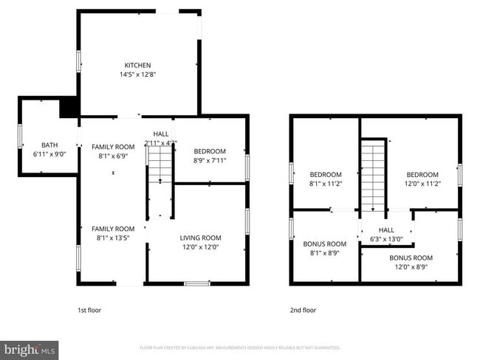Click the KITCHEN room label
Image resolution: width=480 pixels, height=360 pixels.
138,65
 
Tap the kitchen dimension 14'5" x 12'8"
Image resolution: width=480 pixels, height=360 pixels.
138,75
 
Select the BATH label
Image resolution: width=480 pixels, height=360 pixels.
49,145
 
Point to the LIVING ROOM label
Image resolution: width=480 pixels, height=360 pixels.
200,238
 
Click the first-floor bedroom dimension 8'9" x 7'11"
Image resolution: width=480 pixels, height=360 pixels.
210,160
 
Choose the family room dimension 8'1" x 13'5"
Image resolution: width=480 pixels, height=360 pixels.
113,238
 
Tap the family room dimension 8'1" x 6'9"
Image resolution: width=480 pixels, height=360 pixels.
113,156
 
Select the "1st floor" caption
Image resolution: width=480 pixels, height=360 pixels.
89,311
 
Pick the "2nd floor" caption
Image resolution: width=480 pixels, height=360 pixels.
302,311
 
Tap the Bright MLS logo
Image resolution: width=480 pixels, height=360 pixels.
30,349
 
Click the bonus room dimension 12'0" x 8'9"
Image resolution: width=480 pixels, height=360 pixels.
411,267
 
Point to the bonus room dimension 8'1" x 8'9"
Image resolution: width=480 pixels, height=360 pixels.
325,253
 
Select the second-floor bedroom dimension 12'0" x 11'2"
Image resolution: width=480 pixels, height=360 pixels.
422,184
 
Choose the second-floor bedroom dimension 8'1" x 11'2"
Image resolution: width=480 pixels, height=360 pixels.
325,184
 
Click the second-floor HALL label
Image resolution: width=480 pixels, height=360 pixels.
386,229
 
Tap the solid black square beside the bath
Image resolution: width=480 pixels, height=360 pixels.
69,107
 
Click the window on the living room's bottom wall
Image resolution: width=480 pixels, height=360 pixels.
197,283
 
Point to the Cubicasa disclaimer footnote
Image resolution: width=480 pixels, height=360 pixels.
239,347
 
